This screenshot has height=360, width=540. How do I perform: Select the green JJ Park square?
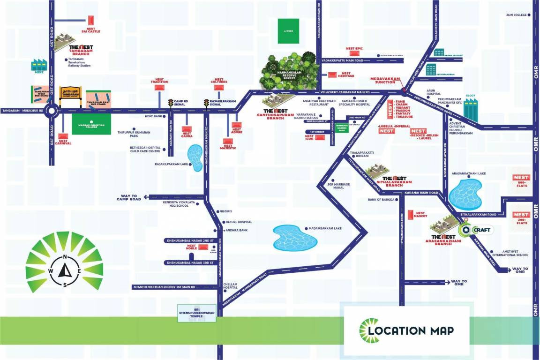288,31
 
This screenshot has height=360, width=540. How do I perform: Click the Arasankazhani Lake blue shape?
466,193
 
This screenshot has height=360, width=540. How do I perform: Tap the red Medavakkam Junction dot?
404,90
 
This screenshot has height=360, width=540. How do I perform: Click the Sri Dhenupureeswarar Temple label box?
197,313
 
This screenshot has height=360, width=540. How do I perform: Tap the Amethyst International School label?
510,253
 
